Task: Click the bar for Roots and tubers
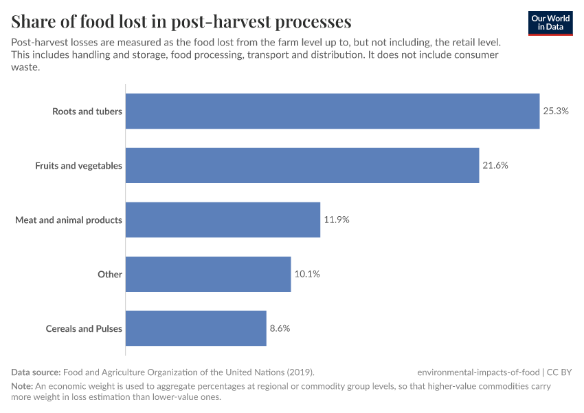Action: click(x=333, y=111)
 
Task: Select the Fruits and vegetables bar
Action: click(x=302, y=165)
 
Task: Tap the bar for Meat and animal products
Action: click(x=223, y=220)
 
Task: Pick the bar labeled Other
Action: click(x=208, y=274)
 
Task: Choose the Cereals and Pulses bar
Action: click(x=196, y=328)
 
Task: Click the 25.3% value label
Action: click(x=556, y=111)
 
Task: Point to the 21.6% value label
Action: click(x=495, y=165)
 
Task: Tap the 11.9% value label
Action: click(x=337, y=220)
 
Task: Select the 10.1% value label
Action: click(x=307, y=274)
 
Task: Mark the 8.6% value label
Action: click(x=280, y=328)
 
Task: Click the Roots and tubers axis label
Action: click(x=87, y=111)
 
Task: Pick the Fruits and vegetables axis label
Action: click(x=78, y=165)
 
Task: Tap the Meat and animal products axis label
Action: click(x=69, y=220)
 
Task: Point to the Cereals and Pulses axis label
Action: click(x=84, y=328)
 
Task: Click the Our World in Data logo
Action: click(x=550, y=23)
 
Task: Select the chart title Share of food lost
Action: click(x=181, y=22)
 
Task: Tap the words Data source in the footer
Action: click(x=36, y=372)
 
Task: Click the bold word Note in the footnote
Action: click(x=22, y=386)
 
